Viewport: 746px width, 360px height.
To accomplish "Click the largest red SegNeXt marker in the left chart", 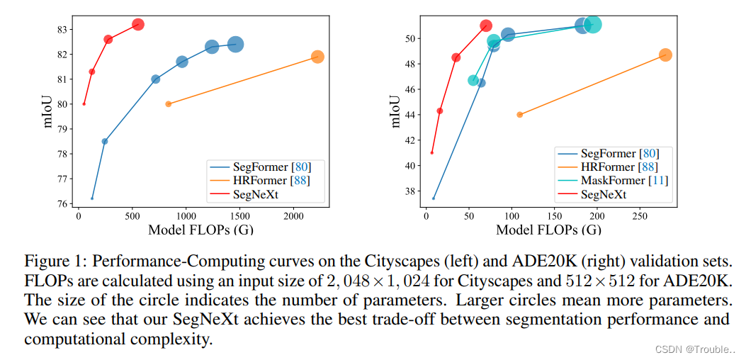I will [138, 25].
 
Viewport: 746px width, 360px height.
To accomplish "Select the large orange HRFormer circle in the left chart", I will [317, 57].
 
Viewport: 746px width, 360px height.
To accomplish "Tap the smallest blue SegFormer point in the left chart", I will [92, 198].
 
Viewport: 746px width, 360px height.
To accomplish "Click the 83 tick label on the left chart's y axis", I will [64, 29].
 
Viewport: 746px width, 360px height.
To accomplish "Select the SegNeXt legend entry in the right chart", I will [603, 194].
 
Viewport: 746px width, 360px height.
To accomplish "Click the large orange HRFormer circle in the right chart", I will [665, 55].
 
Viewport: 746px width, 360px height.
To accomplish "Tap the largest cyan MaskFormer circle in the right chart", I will [593, 25].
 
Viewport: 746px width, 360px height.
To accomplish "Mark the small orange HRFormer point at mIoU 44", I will [519, 114].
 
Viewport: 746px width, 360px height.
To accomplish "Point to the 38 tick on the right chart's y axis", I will [412, 191].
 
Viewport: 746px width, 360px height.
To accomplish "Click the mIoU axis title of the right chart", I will [395, 110].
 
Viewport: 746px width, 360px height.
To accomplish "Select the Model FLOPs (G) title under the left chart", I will [200, 230].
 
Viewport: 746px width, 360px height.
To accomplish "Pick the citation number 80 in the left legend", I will [300, 167].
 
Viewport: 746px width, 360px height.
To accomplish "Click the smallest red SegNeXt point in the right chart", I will [431, 152].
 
